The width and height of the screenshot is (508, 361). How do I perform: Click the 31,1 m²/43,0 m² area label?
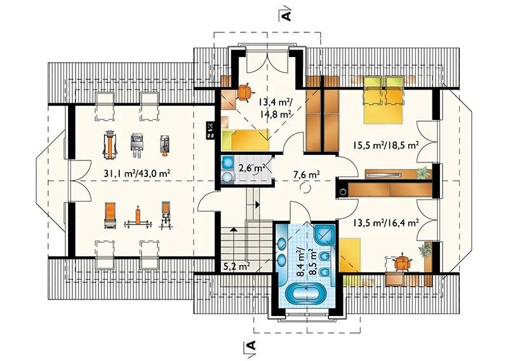[137, 173]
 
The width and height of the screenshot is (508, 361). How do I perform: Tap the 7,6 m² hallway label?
[307, 174]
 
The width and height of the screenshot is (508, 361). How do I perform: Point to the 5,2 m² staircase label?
[237, 266]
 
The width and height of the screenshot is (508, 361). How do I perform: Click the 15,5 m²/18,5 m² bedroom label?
[386, 145]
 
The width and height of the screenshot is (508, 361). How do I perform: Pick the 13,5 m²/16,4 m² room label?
[386, 223]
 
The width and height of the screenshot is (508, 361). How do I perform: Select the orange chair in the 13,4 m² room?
[244, 91]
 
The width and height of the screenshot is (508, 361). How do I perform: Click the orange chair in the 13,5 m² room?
[402, 263]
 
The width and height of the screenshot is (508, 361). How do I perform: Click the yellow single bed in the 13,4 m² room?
[246, 140]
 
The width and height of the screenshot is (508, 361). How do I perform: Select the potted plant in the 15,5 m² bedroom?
[423, 173]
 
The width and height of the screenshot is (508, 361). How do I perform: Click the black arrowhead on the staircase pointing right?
[257, 205]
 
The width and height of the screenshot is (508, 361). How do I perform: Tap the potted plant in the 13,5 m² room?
[425, 250]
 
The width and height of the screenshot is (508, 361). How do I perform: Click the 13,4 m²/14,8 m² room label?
[275, 108]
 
